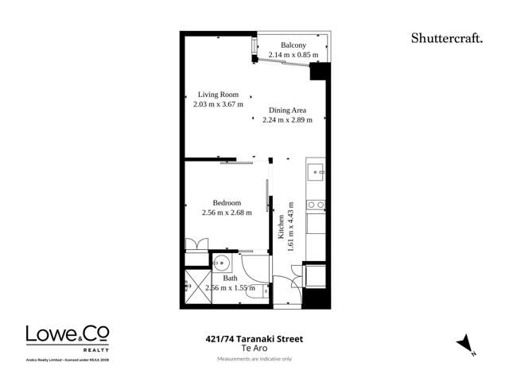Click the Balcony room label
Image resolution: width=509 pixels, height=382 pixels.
(x=293, y=45)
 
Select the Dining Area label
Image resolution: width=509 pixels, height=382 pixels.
(x=287, y=111)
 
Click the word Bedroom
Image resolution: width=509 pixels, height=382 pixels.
(x=227, y=202)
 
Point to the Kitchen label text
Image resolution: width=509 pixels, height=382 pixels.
(x=281, y=228)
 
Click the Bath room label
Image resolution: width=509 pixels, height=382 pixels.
(x=230, y=278)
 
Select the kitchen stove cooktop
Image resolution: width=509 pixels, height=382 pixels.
(x=316, y=205)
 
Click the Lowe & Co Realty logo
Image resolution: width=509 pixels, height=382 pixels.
(x=68, y=338)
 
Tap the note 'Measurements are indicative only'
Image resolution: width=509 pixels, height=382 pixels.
(x=254, y=359)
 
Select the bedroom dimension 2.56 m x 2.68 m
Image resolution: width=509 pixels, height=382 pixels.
(x=227, y=212)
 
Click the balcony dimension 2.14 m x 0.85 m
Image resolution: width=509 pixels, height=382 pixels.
(x=293, y=55)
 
